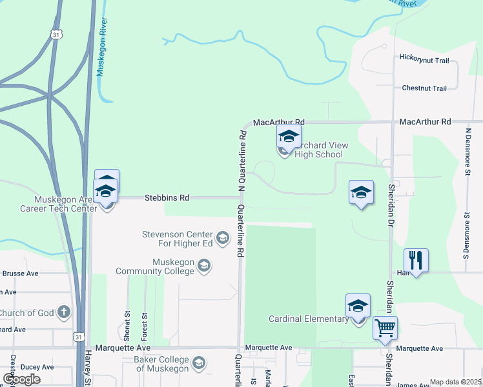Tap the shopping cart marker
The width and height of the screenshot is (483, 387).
point(385,328)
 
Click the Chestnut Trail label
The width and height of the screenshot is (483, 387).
point(424,88)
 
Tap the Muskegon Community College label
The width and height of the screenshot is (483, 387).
point(154,266)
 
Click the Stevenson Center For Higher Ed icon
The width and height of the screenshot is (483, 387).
point(223,239)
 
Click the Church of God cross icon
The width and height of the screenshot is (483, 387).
point(63,313)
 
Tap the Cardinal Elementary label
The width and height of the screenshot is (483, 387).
point(308,319)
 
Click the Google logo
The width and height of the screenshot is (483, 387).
point(22,379)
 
